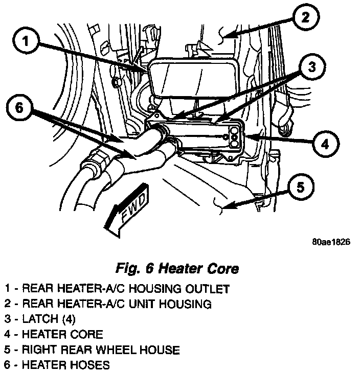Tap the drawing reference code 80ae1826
[x=330, y=243]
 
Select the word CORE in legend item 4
[x=88, y=335]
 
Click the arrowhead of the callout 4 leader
[x=249, y=137]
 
